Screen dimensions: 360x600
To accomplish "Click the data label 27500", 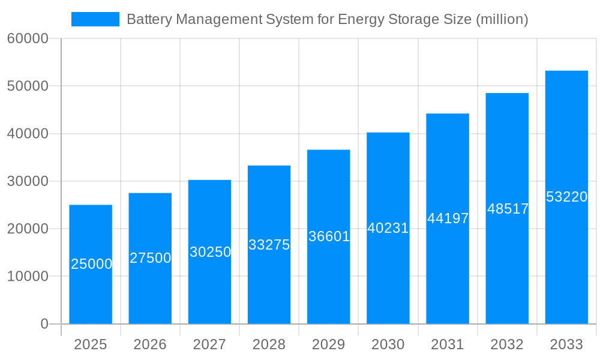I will (151, 258).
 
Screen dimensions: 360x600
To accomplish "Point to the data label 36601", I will (329, 236).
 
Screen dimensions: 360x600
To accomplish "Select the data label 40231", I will (388, 228).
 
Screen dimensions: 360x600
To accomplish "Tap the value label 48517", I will (508, 209).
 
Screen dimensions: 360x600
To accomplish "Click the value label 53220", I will (566, 197).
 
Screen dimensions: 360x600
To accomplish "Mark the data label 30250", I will (210, 252).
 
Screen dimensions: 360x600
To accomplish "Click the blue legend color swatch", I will (95, 19).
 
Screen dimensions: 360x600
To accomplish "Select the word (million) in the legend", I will (502, 19).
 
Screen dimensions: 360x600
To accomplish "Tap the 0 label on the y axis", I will (44, 324).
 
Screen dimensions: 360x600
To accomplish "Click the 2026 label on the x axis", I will (150, 344).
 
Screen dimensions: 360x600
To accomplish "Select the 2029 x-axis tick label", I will (328, 344).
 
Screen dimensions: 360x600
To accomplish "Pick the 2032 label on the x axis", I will (507, 344).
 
